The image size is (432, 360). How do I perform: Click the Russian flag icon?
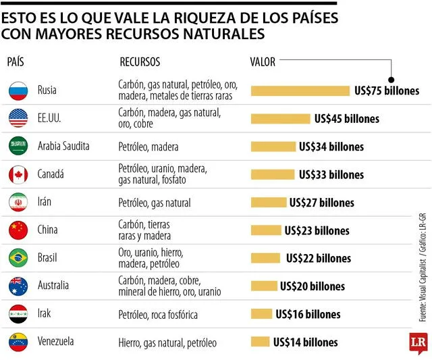click(x=18, y=91)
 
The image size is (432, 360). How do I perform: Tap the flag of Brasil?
click(x=18, y=258)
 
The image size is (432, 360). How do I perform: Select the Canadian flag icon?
click(x=18, y=174)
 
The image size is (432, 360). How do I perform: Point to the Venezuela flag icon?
click(x=18, y=342)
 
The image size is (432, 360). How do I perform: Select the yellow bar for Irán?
click(x=268, y=203)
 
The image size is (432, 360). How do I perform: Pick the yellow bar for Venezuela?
click(x=260, y=342)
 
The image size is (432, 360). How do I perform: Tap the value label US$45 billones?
click(x=346, y=119)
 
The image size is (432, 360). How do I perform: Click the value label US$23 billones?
click(x=317, y=230)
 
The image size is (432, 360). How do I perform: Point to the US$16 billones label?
click(x=308, y=314)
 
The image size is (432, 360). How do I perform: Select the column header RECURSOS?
click(x=140, y=62)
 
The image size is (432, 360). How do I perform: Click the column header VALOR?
click(x=263, y=62)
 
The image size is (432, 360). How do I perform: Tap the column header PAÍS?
click(x=16, y=62)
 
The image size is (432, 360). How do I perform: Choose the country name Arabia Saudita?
click(x=63, y=146)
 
